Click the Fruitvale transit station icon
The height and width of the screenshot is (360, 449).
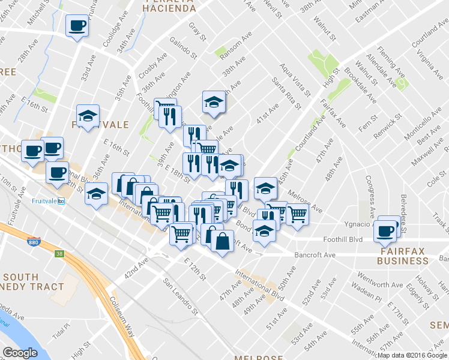61,201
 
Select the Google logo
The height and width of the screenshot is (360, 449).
20,353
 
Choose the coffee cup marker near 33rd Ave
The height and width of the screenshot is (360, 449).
77,26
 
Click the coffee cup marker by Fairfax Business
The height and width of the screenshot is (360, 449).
385,230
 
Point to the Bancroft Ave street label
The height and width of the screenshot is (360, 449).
315,255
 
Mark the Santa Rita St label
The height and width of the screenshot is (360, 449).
286,93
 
